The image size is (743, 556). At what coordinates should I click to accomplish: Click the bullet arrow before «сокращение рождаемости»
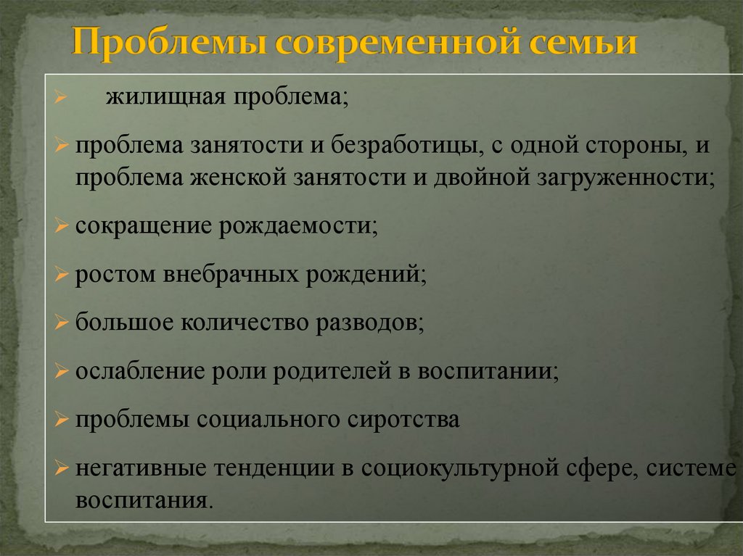coord(62,227)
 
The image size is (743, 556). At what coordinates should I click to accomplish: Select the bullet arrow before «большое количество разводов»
coord(62,323)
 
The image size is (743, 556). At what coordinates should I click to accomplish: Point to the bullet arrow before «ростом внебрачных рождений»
coord(62,275)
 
